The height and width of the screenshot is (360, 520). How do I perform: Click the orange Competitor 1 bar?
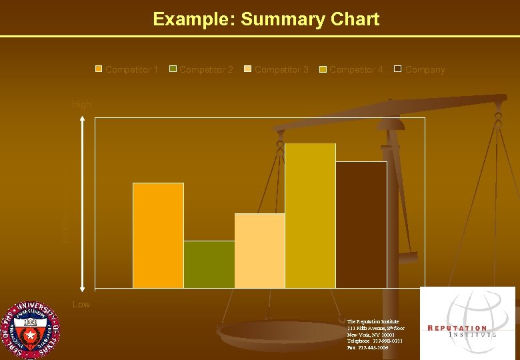tap(158, 235)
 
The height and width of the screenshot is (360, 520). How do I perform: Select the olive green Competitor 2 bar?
tap(209, 265)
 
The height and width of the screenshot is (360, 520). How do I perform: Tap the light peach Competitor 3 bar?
tap(259, 251)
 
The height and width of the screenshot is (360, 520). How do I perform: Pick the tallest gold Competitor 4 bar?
tap(310, 215)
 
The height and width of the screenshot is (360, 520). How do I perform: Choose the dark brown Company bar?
tap(361, 225)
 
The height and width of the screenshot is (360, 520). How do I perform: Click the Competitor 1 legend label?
tap(131, 69)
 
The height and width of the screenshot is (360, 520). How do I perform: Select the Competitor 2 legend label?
tap(206, 69)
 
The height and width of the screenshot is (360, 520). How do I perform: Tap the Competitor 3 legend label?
tap(281, 69)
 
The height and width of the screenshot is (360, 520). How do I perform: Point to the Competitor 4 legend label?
tap(355, 69)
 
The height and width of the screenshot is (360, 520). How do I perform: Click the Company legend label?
tap(425, 69)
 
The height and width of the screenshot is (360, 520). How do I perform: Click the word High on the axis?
tap(81, 105)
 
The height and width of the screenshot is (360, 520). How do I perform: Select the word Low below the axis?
tap(81, 305)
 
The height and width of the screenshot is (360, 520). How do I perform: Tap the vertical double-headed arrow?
tap(82, 203)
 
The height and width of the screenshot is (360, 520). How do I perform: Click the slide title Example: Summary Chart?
tap(266, 19)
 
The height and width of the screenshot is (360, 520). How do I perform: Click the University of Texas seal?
tap(29, 331)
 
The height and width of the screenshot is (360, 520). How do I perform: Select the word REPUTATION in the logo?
tap(457, 328)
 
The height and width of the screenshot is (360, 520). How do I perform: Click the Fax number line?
tap(367, 347)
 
